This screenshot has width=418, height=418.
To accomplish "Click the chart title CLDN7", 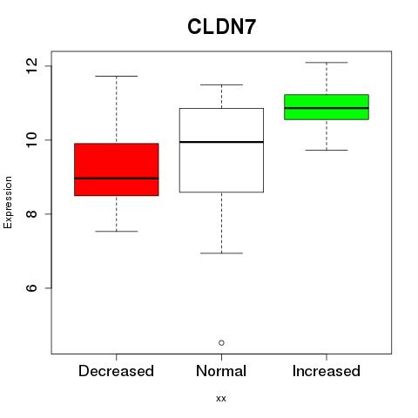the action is tap(221, 27).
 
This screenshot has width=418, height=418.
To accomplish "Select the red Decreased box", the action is tap(117, 170).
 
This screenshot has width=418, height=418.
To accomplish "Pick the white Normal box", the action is tap(221, 150).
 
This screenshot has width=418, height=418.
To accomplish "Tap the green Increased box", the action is tap(327, 107).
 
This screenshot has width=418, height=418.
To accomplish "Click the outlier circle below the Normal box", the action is tap(221, 343).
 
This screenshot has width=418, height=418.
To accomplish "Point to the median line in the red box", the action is tap(117, 179).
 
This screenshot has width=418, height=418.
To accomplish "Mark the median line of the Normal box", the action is tap(221, 142).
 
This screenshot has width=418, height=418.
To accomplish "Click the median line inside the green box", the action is tap(327, 108).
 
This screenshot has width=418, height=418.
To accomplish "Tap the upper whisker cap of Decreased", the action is tap(117, 76).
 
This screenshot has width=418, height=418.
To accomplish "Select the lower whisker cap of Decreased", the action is tap(117, 232).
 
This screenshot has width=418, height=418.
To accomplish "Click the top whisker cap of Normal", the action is tap(221, 84).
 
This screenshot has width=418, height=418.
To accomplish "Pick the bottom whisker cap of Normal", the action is tap(221, 253).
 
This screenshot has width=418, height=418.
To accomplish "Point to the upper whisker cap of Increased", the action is tap(327, 63).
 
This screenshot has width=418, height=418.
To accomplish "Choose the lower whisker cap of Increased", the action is tap(327, 150).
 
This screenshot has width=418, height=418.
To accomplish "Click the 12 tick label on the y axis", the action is tap(31, 65).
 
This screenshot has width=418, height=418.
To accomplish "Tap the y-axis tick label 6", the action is tap(31, 287).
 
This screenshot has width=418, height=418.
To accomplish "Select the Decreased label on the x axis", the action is tap(116, 371).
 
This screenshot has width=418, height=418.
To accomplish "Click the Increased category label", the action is tap(327, 371).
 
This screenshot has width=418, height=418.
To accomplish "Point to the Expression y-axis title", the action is tap(8, 202).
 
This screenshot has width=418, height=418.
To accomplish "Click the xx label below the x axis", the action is tap(221, 399).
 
